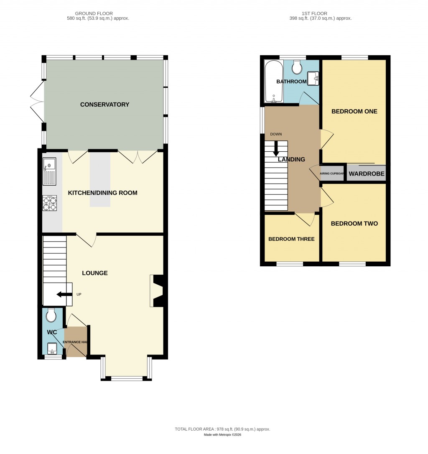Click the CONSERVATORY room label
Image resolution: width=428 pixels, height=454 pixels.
(104, 105)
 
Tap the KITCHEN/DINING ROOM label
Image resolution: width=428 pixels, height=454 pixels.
(103, 193)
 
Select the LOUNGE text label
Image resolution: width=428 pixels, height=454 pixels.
(94, 273)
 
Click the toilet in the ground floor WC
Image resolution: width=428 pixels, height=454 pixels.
(51, 315)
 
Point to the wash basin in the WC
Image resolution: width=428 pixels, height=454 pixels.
(52, 348)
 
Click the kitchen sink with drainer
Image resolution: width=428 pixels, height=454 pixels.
(49, 172)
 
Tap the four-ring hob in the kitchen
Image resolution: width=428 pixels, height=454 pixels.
(50, 203)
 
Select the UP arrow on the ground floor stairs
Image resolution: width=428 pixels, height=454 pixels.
(64, 294)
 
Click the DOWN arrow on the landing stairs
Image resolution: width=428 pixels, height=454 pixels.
(276, 148)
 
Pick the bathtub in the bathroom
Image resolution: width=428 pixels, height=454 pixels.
(274, 81)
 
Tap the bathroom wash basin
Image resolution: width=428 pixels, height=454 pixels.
(313, 78)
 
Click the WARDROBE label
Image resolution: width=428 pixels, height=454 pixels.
(367, 173)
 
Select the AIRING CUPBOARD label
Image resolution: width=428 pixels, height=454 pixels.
(332, 173)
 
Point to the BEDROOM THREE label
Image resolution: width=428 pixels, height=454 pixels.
(291, 239)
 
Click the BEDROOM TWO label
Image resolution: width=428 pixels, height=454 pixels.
(354, 224)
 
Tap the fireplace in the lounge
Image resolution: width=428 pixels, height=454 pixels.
(158, 291)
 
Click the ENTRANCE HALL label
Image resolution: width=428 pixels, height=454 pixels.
(75, 342)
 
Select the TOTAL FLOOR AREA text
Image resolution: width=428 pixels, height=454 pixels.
(222, 429)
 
